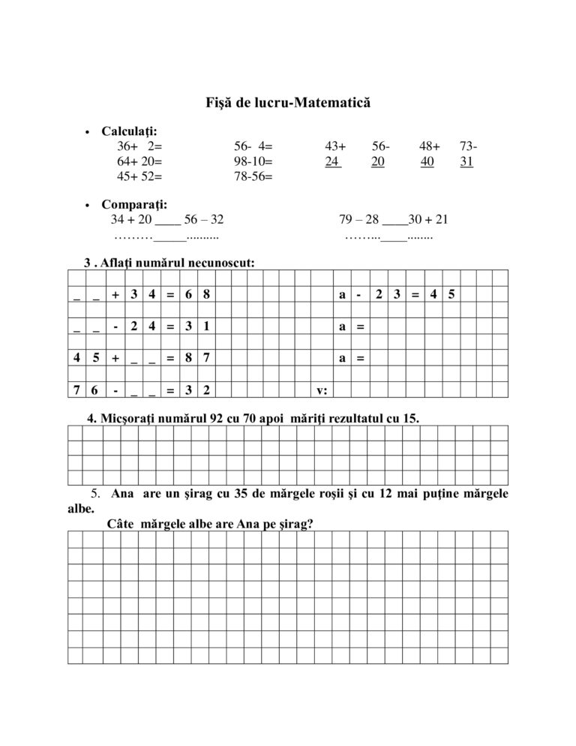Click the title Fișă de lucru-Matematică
(x=288, y=101)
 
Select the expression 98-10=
(x=253, y=161)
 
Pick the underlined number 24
(x=333, y=161)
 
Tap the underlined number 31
(x=466, y=161)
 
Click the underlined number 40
(x=427, y=161)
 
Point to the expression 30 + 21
(x=429, y=220)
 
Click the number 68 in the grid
(x=197, y=296)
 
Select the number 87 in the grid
(x=197, y=359)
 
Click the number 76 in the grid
(x=85, y=390)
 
